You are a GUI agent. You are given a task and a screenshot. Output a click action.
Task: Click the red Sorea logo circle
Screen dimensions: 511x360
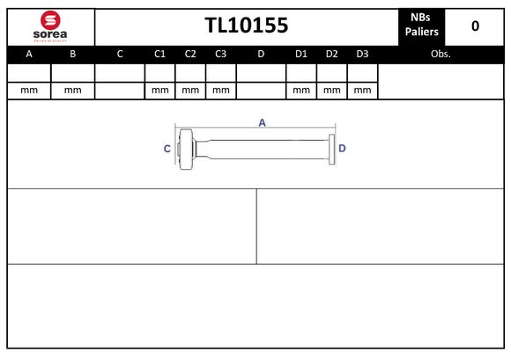pyautogui.click(x=50, y=20)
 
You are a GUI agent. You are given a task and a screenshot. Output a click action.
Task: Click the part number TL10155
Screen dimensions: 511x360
pyautogui.click(x=247, y=26)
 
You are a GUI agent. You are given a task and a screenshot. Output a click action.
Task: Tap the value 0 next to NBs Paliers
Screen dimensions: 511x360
pyautogui.click(x=475, y=26)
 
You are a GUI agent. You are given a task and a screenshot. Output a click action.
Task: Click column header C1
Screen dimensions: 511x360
pyautogui.click(x=159, y=54)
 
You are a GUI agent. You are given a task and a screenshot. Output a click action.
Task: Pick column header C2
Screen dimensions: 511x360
pyautogui.click(x=190, y=54)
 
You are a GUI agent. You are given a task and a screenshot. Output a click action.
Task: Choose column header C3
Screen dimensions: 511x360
pyautogui.click(x=220, y=54)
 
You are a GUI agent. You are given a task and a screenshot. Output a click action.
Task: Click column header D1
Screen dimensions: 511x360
pyautogui.click(x=301, y=54)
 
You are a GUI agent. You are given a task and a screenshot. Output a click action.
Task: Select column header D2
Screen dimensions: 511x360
pyautogui.click(x=332, y=54)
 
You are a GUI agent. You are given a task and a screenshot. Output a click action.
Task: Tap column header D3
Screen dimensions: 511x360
pyautogui.click(x=362, y=54)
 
